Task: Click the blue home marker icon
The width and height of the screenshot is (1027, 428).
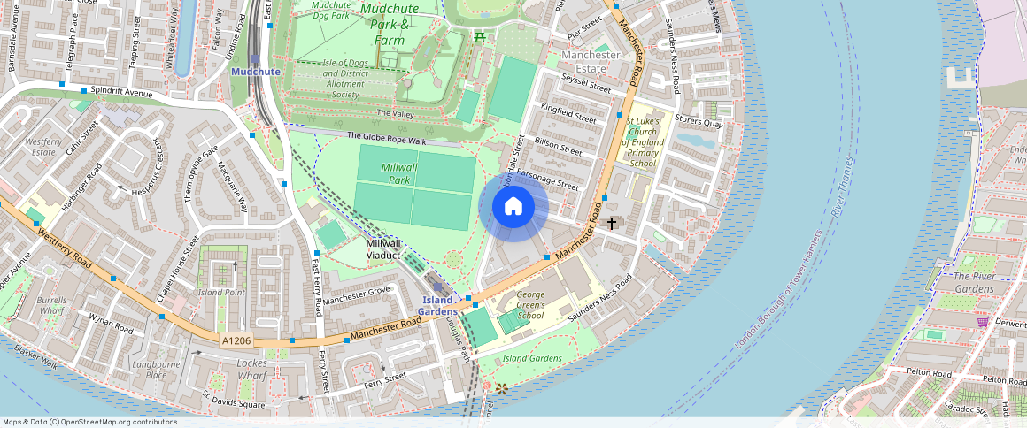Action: [x=513, y=207]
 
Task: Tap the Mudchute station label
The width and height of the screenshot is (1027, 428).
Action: [x=255, y=71]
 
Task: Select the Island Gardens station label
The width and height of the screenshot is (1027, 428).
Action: [x=438, y=305]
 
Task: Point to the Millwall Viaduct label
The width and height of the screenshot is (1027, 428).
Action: [x=390, y=248]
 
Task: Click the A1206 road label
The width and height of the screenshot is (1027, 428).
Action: [x=236, y=340]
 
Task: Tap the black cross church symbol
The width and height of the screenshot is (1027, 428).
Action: [x=611, y=223]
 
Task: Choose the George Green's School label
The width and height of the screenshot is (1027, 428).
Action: [x=530, y=304]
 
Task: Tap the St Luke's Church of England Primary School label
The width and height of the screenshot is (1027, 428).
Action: [x=643, y=141]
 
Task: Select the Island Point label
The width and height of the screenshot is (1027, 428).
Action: [x=220, y=292]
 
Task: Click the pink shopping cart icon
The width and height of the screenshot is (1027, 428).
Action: [x=983, y=322]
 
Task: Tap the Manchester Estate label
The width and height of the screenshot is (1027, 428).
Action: [x=591, y=61]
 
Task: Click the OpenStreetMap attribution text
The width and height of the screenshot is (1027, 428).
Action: [x=89, y=422]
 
